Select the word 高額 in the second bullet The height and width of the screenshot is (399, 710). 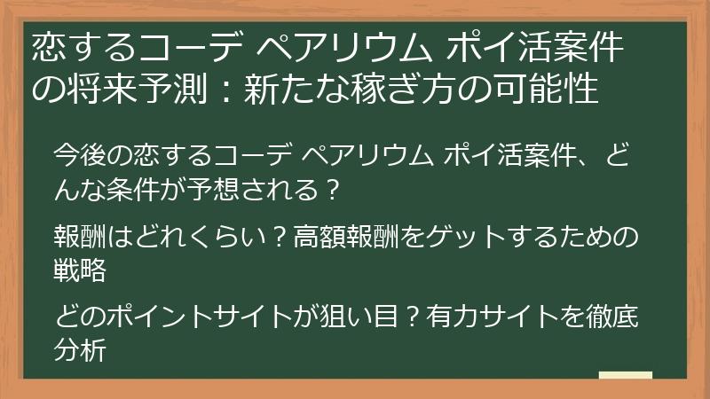[x=319, y=238]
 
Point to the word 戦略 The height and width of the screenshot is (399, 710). [x=80, y=269]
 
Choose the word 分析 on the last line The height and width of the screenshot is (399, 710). [x=80, y=349]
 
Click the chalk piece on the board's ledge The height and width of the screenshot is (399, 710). [x=626, y=376]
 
